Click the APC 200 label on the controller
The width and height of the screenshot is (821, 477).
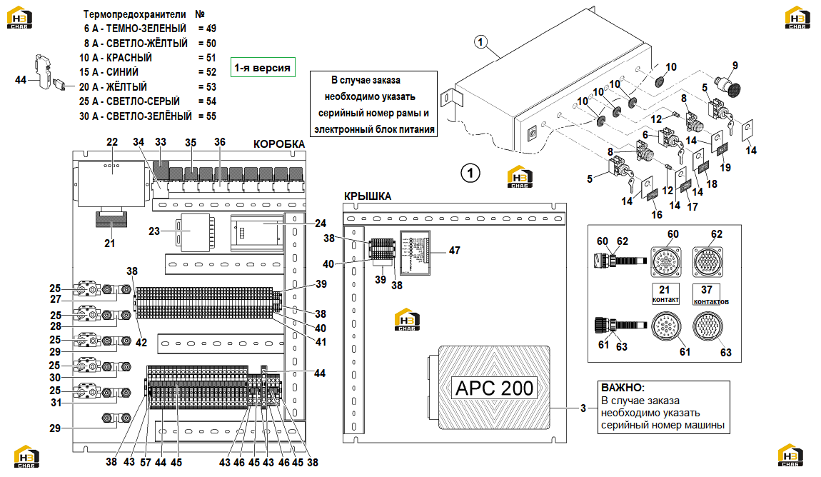coord(494,388)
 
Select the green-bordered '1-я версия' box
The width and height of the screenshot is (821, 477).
coord(263,67)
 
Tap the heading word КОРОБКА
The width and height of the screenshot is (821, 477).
coord(278,144)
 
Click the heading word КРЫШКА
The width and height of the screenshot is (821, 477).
coord(368,196)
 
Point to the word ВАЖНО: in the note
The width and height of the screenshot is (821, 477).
coord(623,388)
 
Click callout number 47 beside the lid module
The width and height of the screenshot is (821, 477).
coord(455,251)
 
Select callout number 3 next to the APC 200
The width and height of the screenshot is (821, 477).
coord(583,408)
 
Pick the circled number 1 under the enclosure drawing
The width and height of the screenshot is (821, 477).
coord(470,173)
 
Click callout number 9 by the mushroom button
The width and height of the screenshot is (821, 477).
coord(735,66)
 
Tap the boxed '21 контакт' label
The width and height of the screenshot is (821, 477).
coord(665,293)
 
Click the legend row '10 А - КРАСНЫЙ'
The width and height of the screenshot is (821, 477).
coord(116,58)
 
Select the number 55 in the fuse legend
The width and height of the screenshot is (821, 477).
coord(211,116)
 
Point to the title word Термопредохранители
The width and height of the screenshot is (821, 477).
coord(134,14)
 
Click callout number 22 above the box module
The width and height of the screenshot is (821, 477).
coord(112,142)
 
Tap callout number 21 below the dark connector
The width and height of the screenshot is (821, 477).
coord(109,243)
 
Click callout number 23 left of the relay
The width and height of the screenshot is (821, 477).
coord(154,231)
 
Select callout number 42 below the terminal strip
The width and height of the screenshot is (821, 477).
coord(141,343)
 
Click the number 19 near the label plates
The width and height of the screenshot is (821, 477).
coord(725,168)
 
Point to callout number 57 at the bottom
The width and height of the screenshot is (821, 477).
coord(146,462)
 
